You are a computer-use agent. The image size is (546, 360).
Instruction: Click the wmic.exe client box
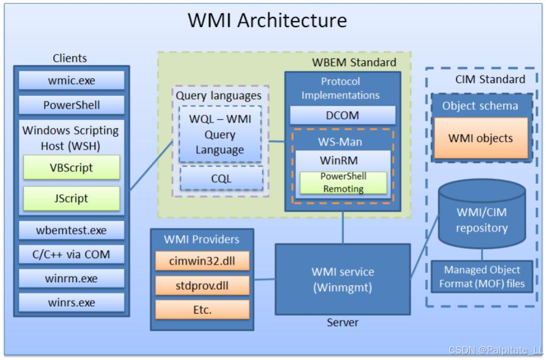[x=71, y=80]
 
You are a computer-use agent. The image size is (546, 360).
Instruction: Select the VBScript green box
[x=71, y=168]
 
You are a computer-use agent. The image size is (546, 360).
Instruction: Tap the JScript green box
[x=71, y=198]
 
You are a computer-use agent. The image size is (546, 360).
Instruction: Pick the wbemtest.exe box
[x=71, y=230]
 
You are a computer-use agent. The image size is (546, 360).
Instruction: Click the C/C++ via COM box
[x=71, y=255]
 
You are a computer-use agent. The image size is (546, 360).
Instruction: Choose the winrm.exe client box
[x=71, y=279]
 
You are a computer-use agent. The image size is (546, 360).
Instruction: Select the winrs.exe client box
[x=71, y=303]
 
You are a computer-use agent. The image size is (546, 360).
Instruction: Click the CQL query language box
[x=222, y=178]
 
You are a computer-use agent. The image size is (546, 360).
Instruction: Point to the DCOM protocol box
[x=342, y=115]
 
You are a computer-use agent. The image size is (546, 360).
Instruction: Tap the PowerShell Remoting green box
[x=343, y=182]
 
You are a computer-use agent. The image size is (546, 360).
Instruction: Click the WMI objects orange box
[x=481, y=138]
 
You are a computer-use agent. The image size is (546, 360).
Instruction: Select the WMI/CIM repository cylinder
[x=482, y=214]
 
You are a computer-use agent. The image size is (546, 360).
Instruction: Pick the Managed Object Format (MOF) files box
[x=482, y=277]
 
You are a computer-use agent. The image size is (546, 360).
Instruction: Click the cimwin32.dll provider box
[x=203, y=261]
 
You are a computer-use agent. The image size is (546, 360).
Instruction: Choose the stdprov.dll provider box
[x=203, y=286]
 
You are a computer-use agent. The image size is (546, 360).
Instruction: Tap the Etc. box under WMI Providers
[x=203, y=309]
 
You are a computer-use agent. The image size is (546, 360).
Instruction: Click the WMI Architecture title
[x=267, y=20]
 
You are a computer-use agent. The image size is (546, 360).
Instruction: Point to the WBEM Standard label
[x=354, y=62]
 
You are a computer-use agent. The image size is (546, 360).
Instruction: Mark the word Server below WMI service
[x=342, y=322]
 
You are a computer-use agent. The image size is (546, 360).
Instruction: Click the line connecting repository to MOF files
[x=482, y=255]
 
